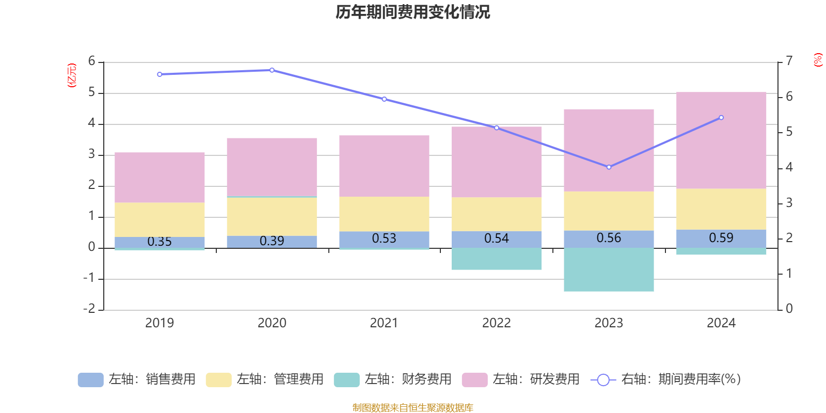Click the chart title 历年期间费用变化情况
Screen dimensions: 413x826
pos(412,12)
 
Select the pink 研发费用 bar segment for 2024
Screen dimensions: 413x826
pos(721,140)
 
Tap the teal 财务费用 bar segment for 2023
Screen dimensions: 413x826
pos(609,269)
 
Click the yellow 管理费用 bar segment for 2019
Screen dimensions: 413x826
pos(160,219)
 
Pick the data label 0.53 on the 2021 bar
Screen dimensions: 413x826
pos(384,239)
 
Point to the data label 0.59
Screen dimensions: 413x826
pos(721,238)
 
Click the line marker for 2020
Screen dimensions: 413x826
pos(272,70)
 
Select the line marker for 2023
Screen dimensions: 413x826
pos(609,167)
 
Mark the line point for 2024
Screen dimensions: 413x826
pos(721,118)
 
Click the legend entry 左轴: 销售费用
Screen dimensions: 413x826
pos(137,379)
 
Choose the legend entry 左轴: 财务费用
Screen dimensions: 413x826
pos(393,379)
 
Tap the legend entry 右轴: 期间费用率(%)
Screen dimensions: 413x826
pos(666,379)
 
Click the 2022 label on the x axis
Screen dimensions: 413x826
pos(497,323)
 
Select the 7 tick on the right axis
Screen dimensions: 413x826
pos(789,61)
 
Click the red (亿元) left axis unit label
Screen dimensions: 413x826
pos(72,75)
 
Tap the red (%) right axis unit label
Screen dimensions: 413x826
pos(818,60)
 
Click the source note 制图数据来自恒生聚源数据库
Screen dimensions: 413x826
pos(412,408)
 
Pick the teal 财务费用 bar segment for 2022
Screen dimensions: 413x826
pos(497,259)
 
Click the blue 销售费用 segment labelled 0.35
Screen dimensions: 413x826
pos(160,242)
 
